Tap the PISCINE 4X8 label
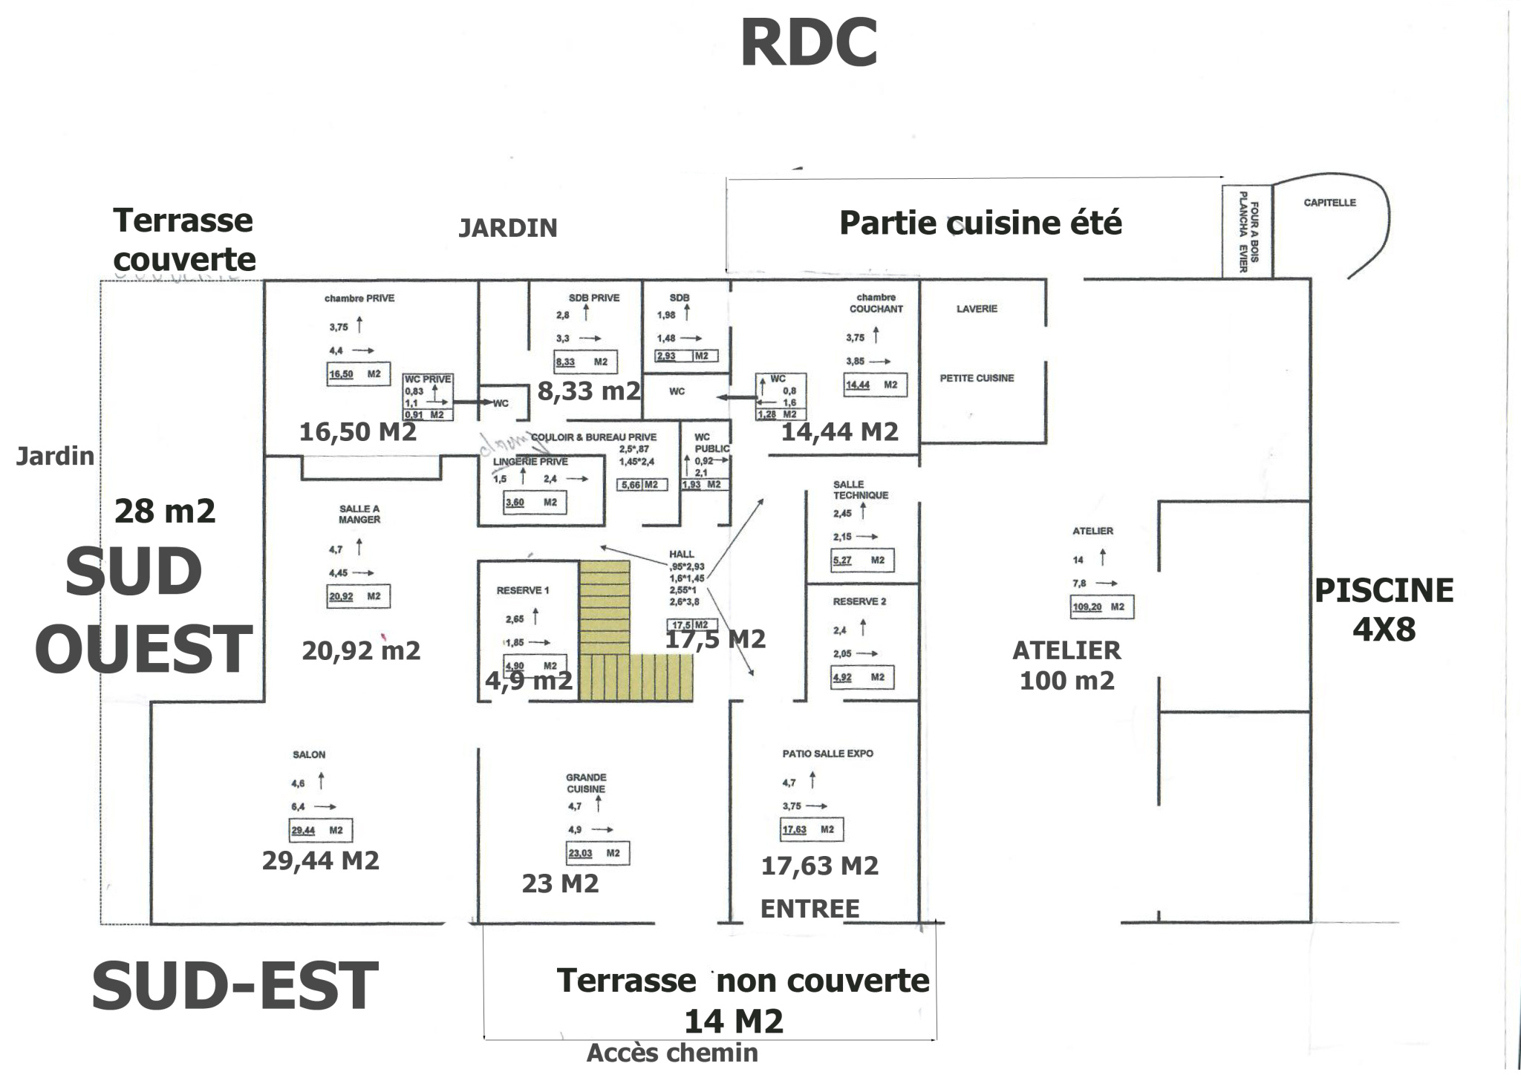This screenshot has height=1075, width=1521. coord(1384,610)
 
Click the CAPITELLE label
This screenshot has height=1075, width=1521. coord(1329,203)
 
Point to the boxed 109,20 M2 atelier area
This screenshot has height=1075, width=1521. coord(1102,607)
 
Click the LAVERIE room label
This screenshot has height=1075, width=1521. coord(977,309)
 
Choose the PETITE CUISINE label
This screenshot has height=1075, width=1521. coord(977,378)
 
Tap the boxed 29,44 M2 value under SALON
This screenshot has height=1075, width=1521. coord(320,830)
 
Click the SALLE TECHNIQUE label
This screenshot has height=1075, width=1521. coord(860,490)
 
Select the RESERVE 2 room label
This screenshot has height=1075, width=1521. coord(859,601)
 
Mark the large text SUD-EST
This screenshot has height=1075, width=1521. coord(235,985)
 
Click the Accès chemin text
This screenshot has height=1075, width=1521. coord(672,1053)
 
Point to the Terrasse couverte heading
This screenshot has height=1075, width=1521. coord(183,240)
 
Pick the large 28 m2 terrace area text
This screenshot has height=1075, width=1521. coord(165,511)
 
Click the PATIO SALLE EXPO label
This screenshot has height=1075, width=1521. coord(827,754)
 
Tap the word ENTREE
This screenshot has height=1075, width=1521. coord(810,909)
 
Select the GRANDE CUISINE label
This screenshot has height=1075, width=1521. coord(586,783)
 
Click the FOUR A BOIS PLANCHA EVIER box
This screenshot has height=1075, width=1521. coord(1248,232)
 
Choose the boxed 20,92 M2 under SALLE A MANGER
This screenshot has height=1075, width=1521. coord(358,596)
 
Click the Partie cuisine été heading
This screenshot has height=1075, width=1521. coord(980,223)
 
